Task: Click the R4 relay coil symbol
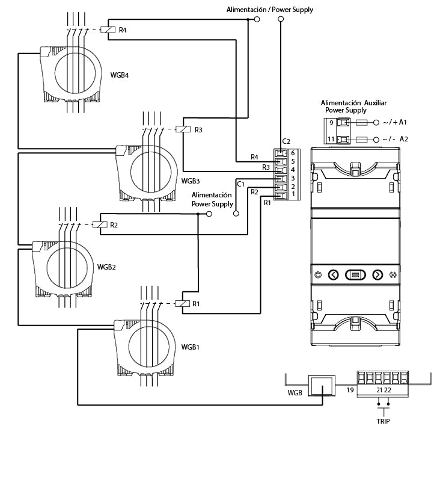(108, 29)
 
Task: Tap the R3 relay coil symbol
(183, 129)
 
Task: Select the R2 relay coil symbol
(100, 224)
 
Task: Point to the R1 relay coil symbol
(182, 303)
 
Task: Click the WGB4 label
(119, 75)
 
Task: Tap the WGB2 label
(106, 267)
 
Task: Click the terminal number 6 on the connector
(293, 153)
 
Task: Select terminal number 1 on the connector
(293, 194)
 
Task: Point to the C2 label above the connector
(286, 141)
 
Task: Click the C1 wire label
(240, 184)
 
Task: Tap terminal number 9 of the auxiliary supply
(331, 123)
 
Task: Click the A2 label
(403, 139)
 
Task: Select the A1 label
(403, 122)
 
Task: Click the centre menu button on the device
(355, 274)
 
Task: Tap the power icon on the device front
(318, 274)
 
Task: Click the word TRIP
(383, 421)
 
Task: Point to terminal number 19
(350, 390)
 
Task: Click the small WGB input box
(322, 386)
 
